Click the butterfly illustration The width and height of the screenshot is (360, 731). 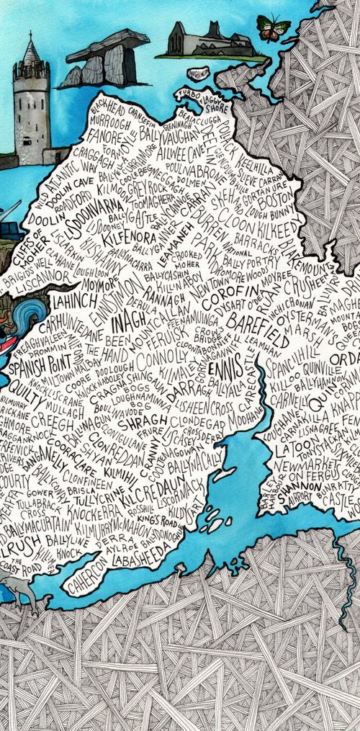point(274,29)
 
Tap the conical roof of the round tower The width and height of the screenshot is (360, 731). point(30,50)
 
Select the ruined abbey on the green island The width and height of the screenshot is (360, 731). point(209,41)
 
